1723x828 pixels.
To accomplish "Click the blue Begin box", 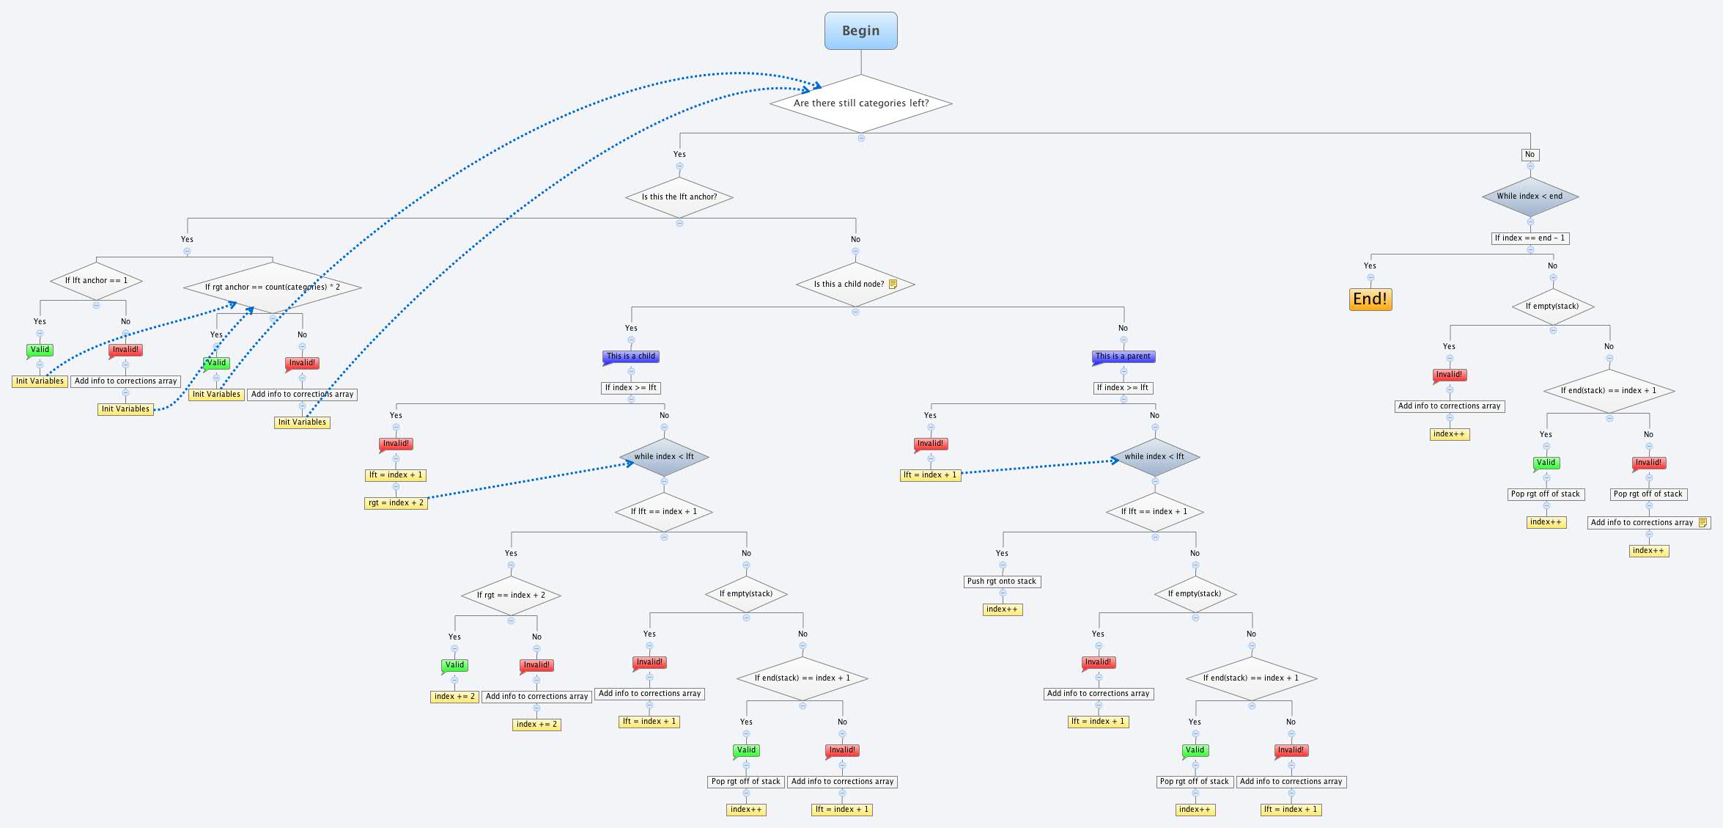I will (860, 31).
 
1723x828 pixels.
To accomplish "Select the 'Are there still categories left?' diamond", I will (860, 103).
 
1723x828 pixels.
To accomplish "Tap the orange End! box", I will (1370, 299).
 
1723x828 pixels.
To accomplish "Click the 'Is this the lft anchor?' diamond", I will (679, 197).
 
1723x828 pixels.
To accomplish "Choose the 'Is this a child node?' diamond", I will (850, 285).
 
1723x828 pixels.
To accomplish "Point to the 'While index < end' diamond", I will (1530, 197).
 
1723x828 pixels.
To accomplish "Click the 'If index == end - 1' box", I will (1530, 238).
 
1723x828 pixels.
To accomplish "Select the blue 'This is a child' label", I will (631, 356).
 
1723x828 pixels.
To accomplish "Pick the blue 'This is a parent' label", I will (1123, 356).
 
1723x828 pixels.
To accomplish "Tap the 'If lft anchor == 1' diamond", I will (96, 281).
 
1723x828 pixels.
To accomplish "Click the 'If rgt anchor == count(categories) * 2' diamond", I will (272, 287).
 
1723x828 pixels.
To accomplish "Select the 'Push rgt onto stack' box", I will (1001, 582).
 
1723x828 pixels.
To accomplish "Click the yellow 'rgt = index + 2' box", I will (396, 503).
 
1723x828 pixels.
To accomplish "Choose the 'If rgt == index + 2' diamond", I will (511, 596).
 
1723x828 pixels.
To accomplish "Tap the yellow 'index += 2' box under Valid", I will (454, 697).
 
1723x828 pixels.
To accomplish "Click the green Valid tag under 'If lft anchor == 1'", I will (40, 350).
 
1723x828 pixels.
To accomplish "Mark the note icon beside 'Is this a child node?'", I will (893, 285).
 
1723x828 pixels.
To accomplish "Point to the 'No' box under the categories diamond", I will (1530, 155).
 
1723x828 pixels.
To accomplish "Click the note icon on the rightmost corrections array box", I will (1702, 523).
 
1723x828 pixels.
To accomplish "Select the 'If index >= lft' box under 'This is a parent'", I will (1123, 388).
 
